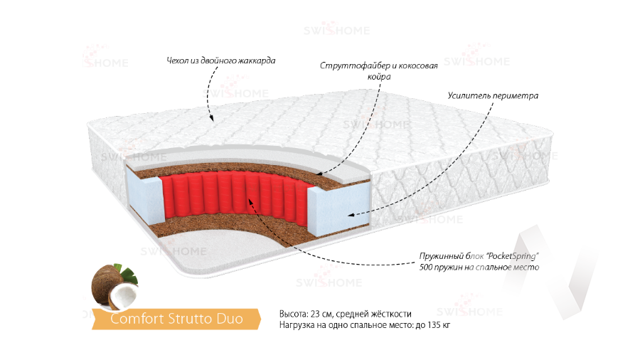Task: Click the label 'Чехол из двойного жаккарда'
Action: click(220, 60)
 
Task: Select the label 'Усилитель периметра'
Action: click(492, 95)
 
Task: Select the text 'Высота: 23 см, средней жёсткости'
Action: click(346, 314)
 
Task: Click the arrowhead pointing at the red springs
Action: click(250, 201)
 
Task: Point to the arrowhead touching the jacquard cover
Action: click(212, 120)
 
